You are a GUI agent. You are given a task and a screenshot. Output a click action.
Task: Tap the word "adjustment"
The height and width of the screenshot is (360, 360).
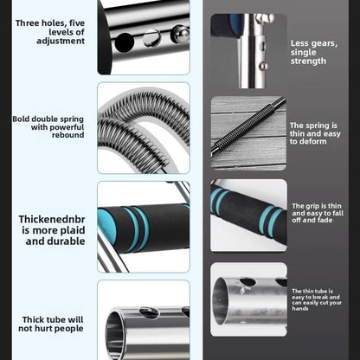pos(61,41)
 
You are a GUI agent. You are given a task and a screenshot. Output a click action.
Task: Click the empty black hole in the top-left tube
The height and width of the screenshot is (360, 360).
pos(125,42)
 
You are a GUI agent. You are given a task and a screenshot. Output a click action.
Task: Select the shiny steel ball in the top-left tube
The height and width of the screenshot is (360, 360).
pos(180,35)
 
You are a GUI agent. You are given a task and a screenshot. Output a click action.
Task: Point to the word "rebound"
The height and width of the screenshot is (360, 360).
pos(68,135)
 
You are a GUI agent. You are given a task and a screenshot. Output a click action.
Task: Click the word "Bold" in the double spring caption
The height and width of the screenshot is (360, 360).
pos(21,119)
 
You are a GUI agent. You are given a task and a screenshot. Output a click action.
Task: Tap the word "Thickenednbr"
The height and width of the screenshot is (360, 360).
pos(52,220)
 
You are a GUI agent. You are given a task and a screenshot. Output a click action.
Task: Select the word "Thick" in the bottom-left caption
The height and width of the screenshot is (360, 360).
pos(32,319)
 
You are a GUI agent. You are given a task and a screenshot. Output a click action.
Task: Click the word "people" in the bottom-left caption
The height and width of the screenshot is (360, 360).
pos(68,329)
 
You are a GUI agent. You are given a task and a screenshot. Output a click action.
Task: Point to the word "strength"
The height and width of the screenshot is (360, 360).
pos(308,61)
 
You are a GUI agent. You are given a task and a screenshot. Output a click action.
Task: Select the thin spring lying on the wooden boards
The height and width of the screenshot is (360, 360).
pos(248,125)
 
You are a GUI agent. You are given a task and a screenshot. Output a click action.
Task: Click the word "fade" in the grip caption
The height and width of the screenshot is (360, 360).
pos(325,220)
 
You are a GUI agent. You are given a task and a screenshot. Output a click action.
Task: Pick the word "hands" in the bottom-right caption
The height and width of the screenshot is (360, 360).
pos(300,309)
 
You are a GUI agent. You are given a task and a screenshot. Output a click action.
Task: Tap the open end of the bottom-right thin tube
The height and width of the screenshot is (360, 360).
pos(221,301)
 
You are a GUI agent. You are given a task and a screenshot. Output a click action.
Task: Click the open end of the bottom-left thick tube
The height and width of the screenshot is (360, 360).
pos(115,336)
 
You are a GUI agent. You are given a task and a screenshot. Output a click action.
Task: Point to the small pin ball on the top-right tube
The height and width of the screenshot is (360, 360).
pos(263,67)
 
